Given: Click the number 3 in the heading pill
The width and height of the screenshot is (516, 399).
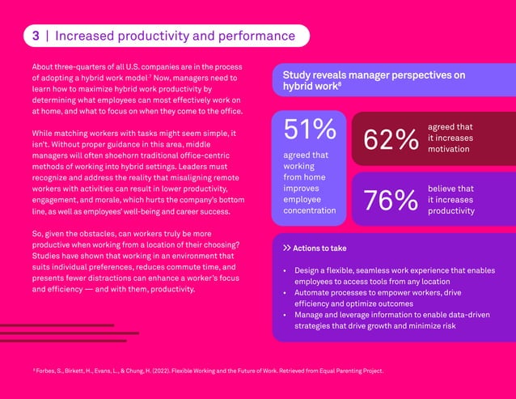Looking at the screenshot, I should pos(36,36).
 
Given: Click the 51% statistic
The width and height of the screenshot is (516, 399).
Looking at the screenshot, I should pos(309,129).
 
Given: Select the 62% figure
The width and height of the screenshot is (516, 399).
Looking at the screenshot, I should pos(391,139).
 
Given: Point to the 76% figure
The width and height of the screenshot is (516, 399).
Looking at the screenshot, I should pos(391,200).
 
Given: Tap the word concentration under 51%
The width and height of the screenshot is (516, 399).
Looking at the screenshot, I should pos(309,210).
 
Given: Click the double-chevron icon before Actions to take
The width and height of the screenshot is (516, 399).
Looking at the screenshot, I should pos(286,248).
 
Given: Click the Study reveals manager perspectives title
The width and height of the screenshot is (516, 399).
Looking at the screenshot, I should pos(373,79).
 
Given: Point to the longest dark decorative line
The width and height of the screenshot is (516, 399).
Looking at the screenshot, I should pos(70,333).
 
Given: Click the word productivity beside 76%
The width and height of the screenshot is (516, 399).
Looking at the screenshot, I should pos(451,210).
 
